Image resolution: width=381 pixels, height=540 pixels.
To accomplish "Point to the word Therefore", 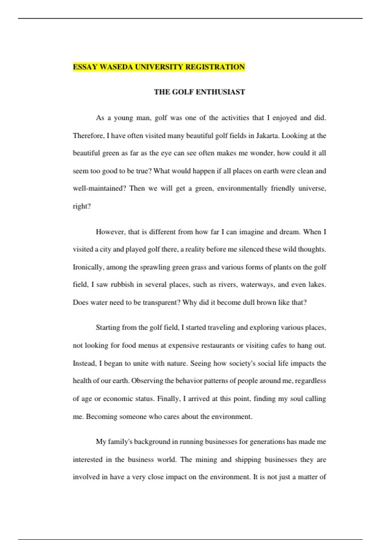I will (88, 136).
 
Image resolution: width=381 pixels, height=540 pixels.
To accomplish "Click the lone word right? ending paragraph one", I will (82, 206).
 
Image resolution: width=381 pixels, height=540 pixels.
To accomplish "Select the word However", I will (110, 232).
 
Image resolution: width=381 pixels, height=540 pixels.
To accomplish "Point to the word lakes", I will (317, 285).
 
